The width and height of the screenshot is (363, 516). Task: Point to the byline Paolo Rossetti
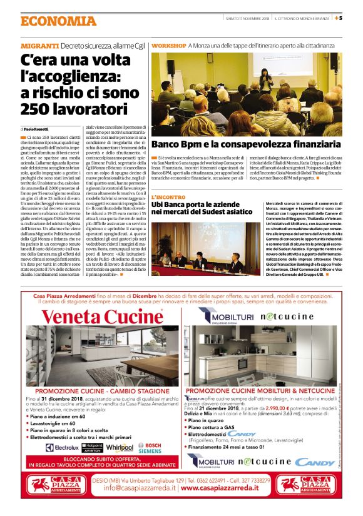click(39, 128)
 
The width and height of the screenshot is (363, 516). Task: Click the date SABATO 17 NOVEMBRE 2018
click(248, 18)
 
